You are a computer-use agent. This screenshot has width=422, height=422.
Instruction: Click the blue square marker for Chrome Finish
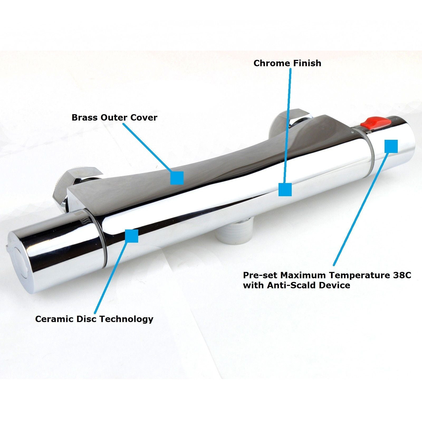285,190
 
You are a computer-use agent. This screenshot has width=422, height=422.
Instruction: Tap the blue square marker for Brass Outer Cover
177,178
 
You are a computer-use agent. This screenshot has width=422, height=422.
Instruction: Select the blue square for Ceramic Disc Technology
132,236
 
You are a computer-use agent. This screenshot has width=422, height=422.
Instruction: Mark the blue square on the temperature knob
391,146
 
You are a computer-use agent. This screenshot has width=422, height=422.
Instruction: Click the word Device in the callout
334,285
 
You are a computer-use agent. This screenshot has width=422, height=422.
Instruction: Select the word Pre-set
260,275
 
